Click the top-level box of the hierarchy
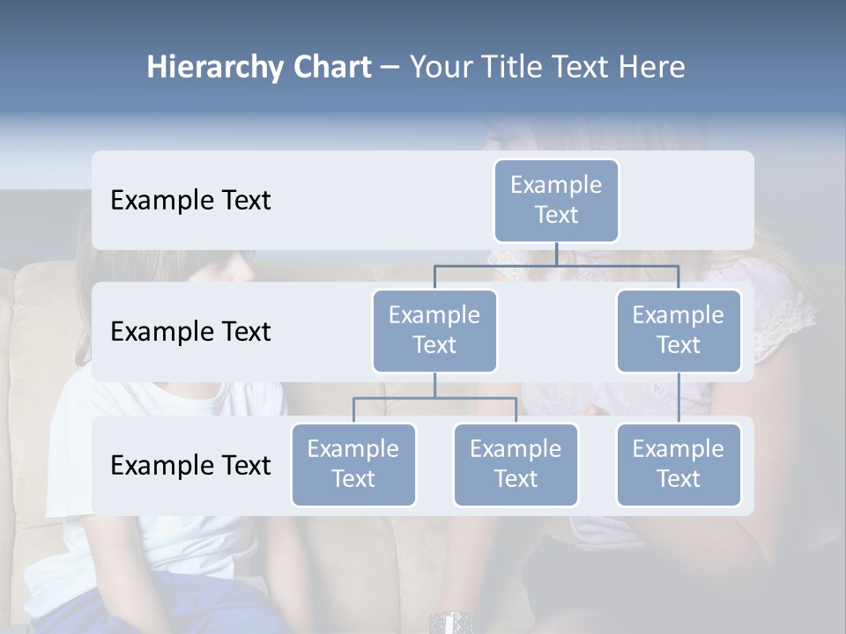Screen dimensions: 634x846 pyautogui.click(x=556, y=200)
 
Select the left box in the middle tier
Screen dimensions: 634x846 pyautogui.click(x=434, y=330)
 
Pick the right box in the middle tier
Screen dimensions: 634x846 pyautogui.click(x=679, y=330)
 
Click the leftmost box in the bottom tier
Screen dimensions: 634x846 pyautogui.click(x=353, y=464)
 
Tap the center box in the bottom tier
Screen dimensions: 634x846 pyautogui.click(x=516, y=464)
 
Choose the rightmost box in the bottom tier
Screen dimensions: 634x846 pyautogui.click(x=679, y=464)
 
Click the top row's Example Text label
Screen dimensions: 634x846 pyautogui.click(x=190, y=200)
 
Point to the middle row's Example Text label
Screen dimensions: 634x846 pyautogui.click(x=190, y=331)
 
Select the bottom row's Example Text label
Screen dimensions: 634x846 pyautogui.click(x=190, y=465)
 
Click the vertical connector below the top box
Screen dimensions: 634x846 pyautogui.click(x=556, y=254)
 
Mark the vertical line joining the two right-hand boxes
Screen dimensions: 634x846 pyautogui.click(x=679, y=398)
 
